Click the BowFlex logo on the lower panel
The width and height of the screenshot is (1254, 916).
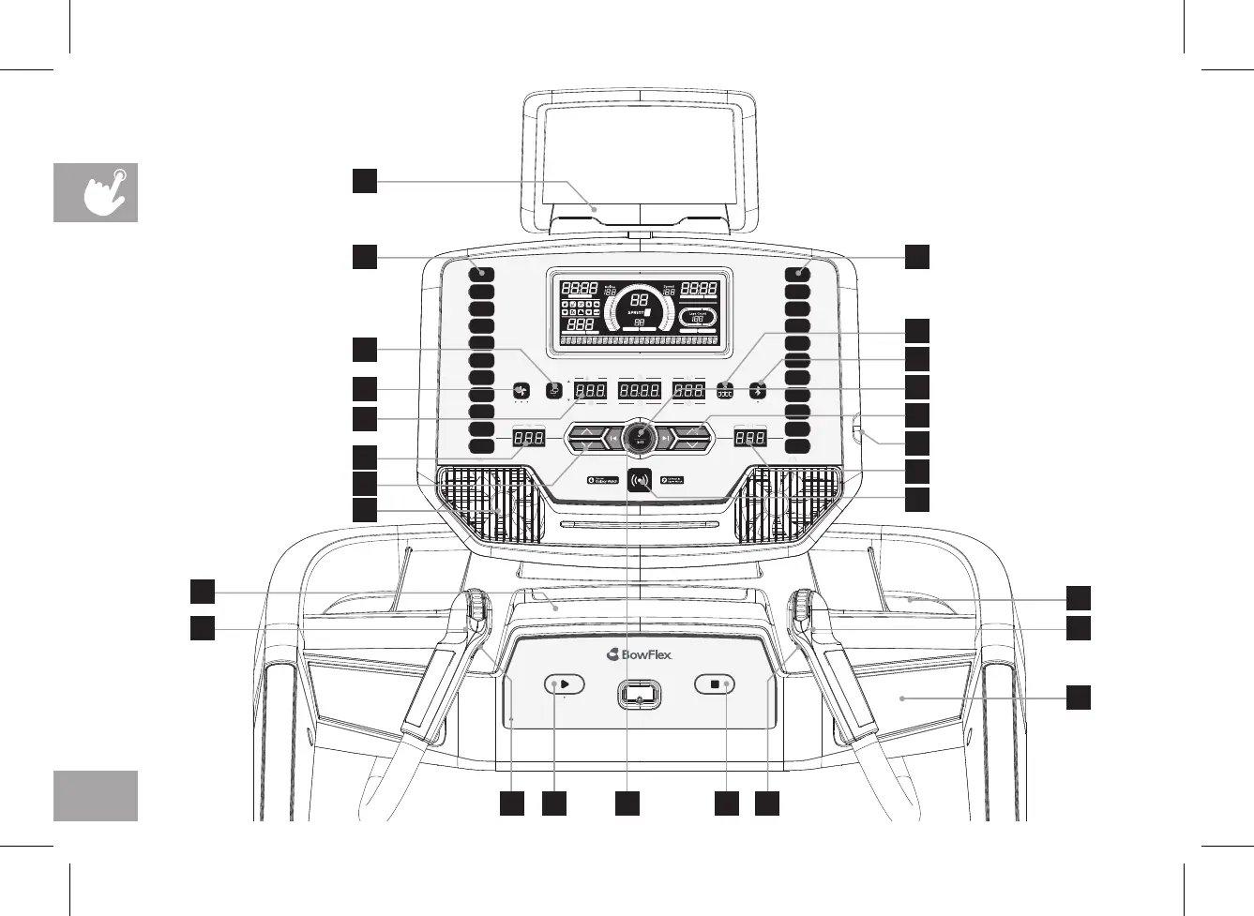(x=640, y=654)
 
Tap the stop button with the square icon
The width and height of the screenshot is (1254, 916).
(x=715, y=684)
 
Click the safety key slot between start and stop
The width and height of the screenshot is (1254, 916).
(x=640, y=695)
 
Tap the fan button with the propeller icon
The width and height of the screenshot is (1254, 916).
(x=522, y=391)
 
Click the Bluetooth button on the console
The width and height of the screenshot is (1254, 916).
(x=758, y=390)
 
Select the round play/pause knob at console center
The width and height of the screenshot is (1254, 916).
(x=640, y=436)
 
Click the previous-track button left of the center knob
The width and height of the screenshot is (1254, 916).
(x=612, y=438)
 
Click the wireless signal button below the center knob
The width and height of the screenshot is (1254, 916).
(x=641, y=480)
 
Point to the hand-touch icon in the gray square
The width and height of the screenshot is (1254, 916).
(x=96, y=192)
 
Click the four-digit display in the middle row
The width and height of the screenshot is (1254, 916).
(x=640, y=390)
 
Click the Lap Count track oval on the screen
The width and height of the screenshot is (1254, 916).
(x=698, y=318)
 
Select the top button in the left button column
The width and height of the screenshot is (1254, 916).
(x=482, y=273)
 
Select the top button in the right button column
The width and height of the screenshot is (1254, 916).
(x=798, y=273)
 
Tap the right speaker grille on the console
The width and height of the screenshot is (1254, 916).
(x=793, y=503)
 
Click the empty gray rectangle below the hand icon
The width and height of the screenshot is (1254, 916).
(x=96, y=796)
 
